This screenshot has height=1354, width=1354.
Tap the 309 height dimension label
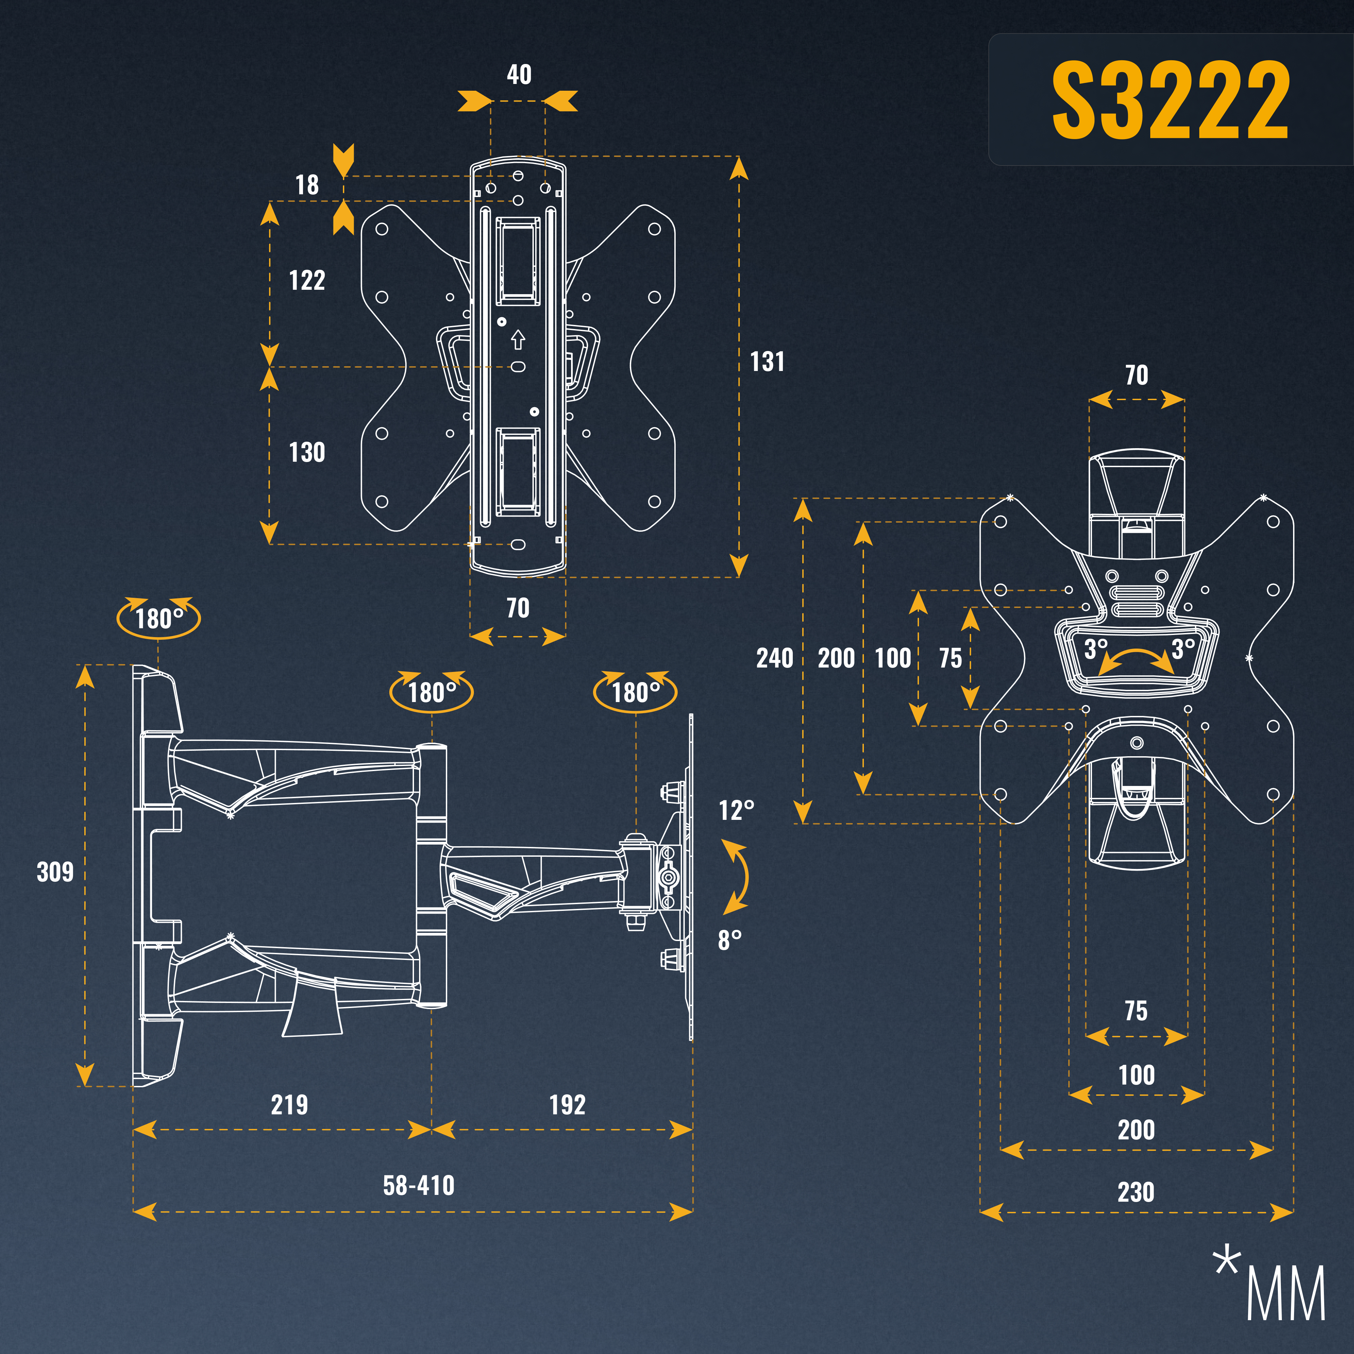56,872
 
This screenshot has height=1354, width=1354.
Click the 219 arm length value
289,1105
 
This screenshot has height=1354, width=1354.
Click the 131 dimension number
767,362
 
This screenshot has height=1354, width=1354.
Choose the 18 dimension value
307,185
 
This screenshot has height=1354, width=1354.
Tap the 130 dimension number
307,452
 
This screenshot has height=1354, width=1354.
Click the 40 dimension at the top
519,74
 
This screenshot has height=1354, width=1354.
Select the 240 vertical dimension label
774,658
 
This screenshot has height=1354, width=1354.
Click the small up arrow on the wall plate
518,340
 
